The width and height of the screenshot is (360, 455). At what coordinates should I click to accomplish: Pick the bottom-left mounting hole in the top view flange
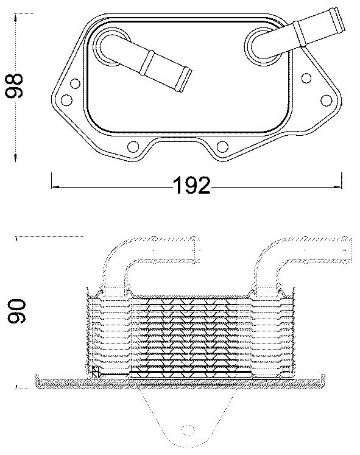point(133,146)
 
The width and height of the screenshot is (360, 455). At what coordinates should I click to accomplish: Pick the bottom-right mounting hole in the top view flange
point(222,146)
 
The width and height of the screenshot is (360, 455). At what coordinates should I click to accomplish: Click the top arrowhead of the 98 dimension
point(15,12)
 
